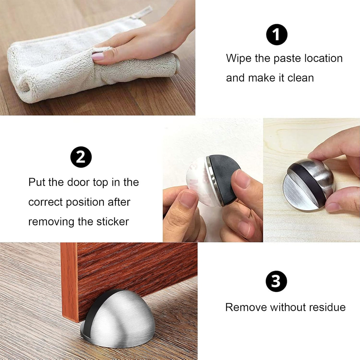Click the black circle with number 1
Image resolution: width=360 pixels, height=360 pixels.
coord(277,35)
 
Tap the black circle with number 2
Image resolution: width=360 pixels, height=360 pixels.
coord(81,157)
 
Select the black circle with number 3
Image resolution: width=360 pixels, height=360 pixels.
coord(276,282)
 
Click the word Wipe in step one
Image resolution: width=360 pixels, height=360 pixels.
coord(238,58)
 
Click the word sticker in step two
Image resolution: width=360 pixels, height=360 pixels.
coord(112,222)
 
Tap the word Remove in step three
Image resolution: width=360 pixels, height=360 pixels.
coord(242,307)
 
